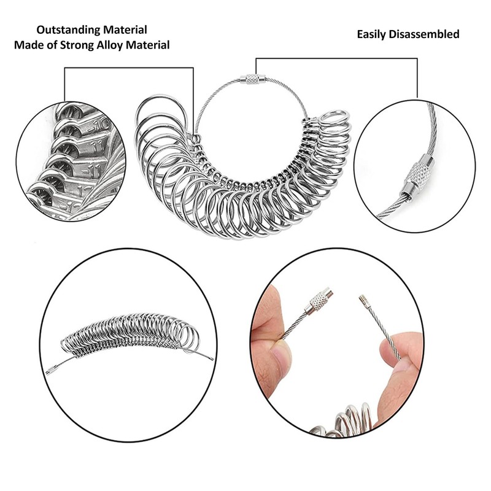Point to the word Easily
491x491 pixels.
(x=371, y=34)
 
